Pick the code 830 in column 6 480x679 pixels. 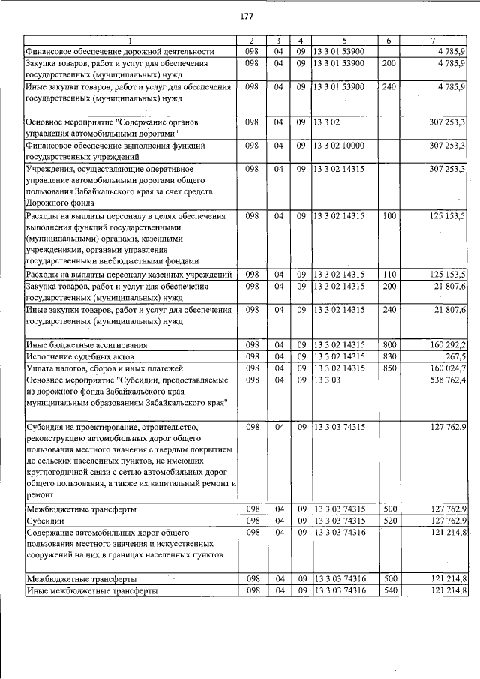[x=389, y=356]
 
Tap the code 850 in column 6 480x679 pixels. [x=389, y=368]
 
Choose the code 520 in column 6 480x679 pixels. [x=389, y=520]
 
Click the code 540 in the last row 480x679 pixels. [x=389, y=591]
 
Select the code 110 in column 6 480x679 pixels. [x=389, y=274]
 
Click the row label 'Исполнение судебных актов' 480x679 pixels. [x=79, y=356]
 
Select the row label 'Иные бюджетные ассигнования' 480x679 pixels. [x=86, y=345]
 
